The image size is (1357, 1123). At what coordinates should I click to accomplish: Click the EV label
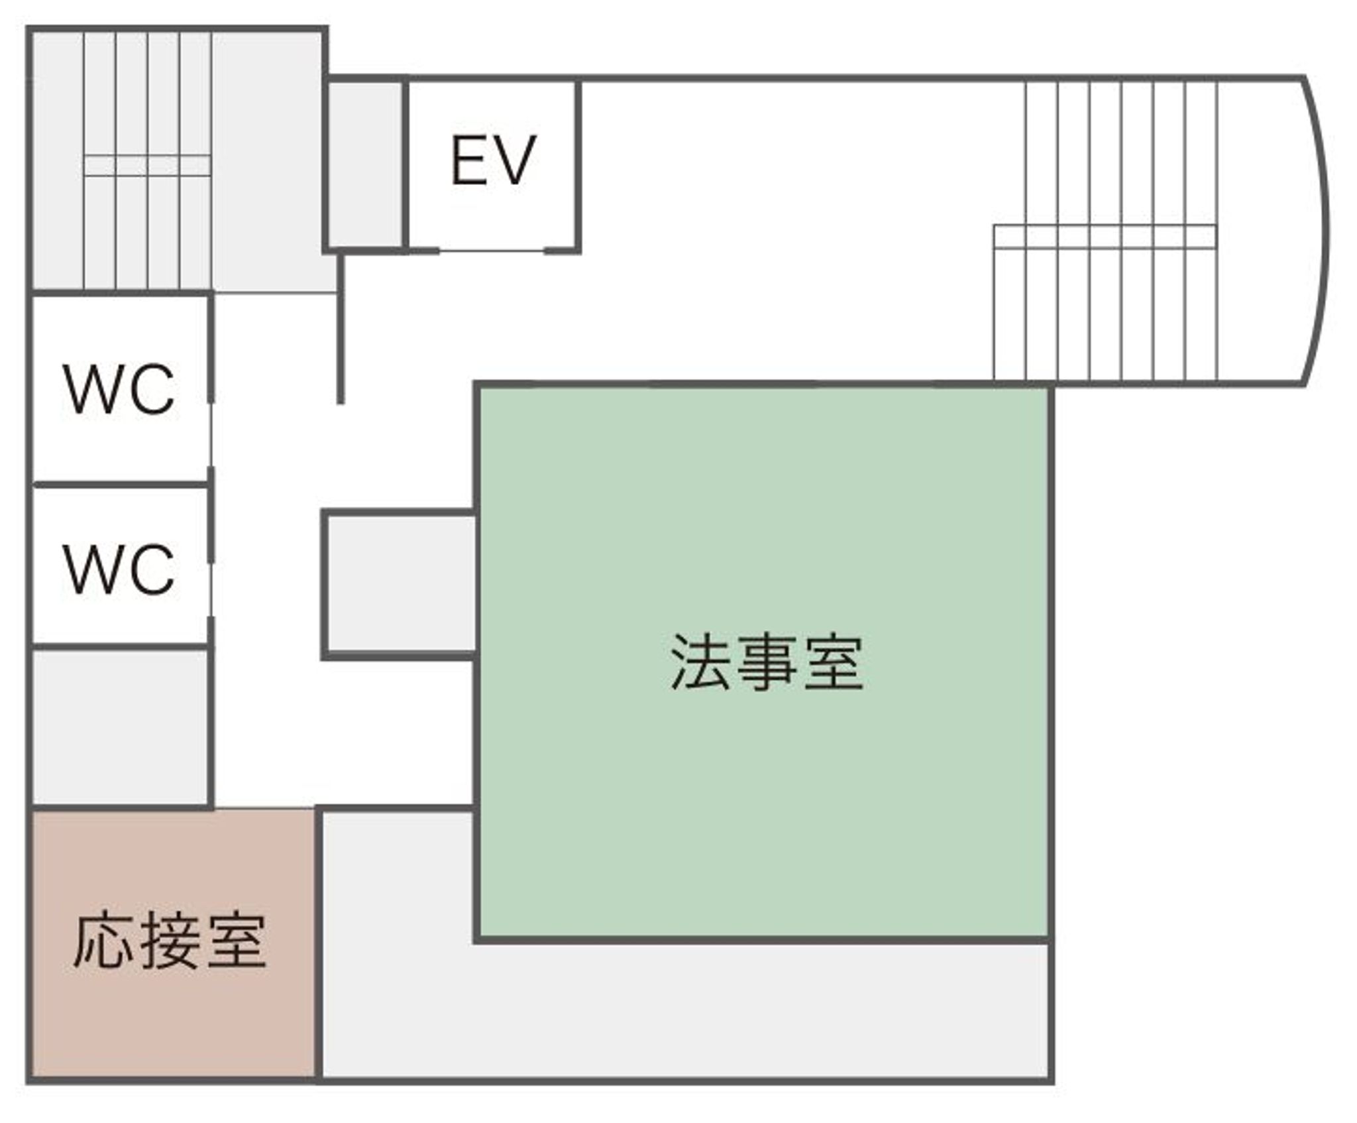tap(493, 161)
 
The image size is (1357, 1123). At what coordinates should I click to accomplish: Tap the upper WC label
tap(119, 389)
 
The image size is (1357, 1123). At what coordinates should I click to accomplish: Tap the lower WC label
tap(119, 569)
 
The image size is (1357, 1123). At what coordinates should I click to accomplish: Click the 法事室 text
tap(767, 662)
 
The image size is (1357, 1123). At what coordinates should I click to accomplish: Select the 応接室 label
tap(170, 941)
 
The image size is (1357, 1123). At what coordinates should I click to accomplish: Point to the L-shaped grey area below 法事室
tap(663, 1014)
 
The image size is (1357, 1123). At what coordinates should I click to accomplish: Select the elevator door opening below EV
tap(492, 251)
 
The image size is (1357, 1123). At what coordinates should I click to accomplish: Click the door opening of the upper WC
tap(211, 434)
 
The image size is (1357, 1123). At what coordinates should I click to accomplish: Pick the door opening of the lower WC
tap(211, 590)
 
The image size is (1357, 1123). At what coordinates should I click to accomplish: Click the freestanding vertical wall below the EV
tap(341, 331)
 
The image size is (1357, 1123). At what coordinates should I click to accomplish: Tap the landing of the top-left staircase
tap(147, 165)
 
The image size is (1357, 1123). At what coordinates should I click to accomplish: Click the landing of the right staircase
tap(1105, 237)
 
